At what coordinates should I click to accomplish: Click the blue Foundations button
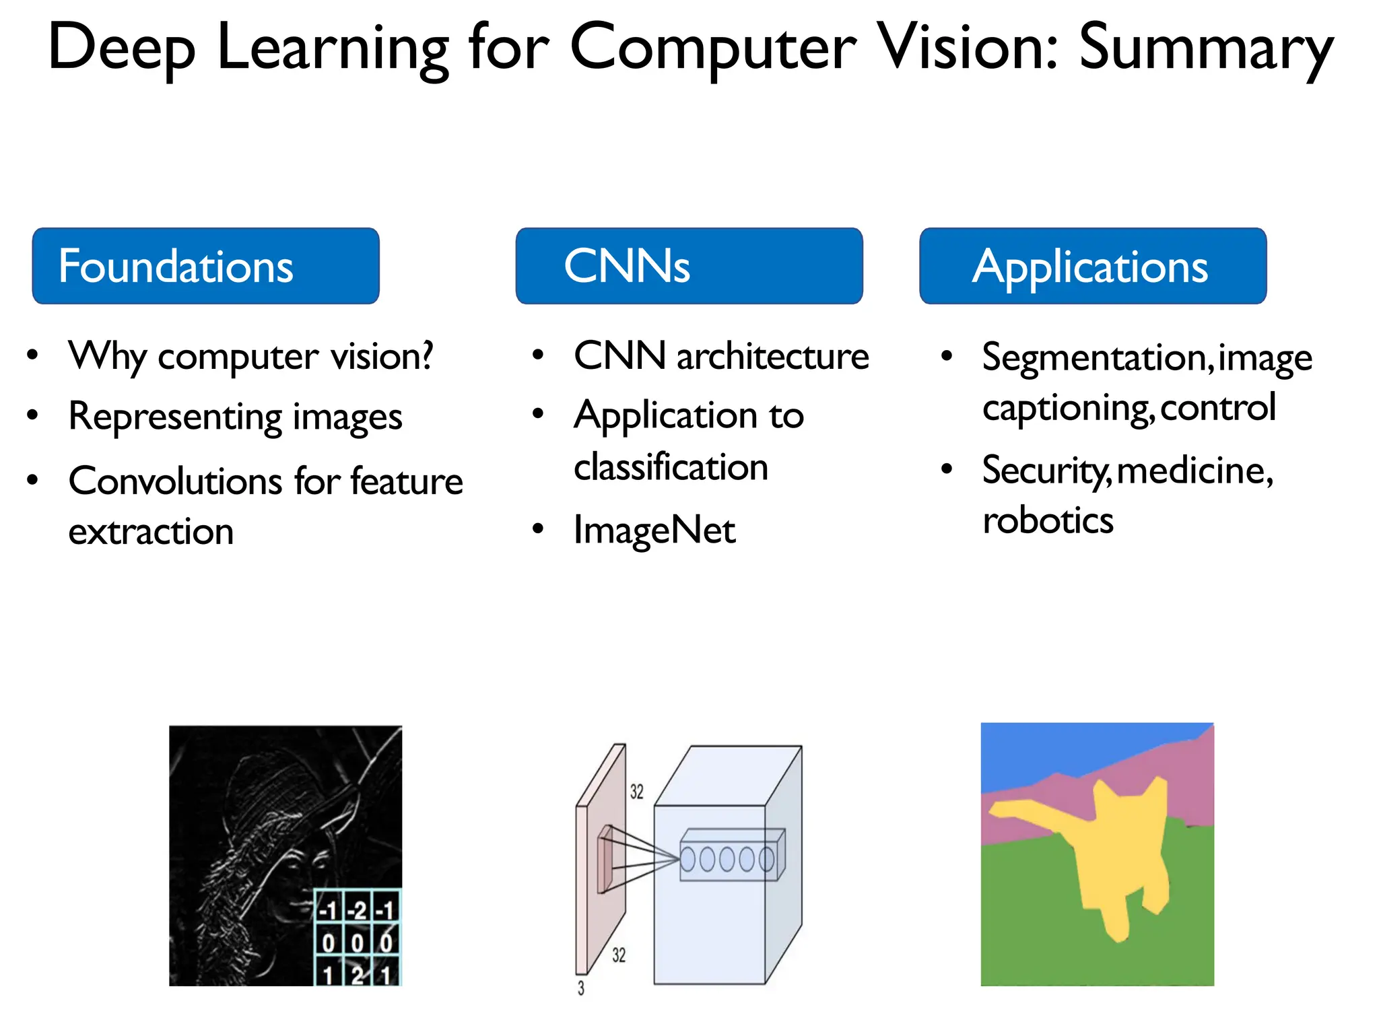click(205, 266)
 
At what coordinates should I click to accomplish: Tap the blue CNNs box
click(689, 266)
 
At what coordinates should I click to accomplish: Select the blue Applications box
click(1092, 266)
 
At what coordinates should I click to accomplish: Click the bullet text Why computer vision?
click(250, 356)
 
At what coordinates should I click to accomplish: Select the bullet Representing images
click(235, 417)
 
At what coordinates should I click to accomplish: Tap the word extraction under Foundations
click(151, 532)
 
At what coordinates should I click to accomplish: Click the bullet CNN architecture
click(720, 356)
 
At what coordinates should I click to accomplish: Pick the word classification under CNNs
click(671, 467)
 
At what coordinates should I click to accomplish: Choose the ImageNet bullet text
click(654, 530)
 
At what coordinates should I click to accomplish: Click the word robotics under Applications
click(1048, 520)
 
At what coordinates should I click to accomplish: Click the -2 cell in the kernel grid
click(358, 911)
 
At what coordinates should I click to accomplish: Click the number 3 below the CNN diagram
click(581, 988)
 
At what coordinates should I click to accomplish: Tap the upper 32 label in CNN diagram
click(636, 792)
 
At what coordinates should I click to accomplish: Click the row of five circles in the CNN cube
click(727, 859)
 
